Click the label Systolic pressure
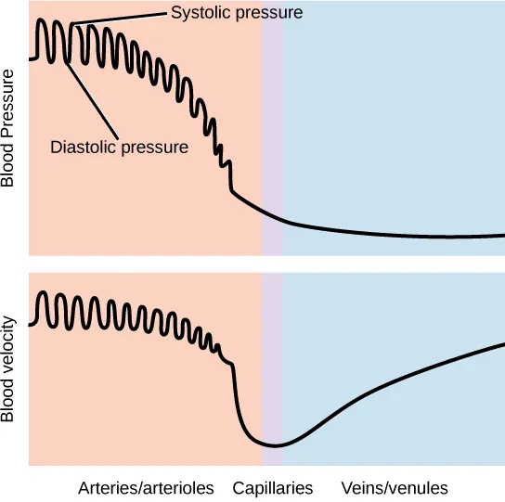[238, 13]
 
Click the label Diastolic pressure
[119, 147]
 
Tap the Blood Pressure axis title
[10, 127]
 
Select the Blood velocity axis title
[10, 369]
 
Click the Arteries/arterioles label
[146, 488]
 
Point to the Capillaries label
[272, 488]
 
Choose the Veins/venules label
[395, 488]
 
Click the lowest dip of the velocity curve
[271, 445]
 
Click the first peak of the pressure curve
[42, 19]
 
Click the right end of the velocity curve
[502, 344]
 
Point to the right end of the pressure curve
[502, 236]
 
